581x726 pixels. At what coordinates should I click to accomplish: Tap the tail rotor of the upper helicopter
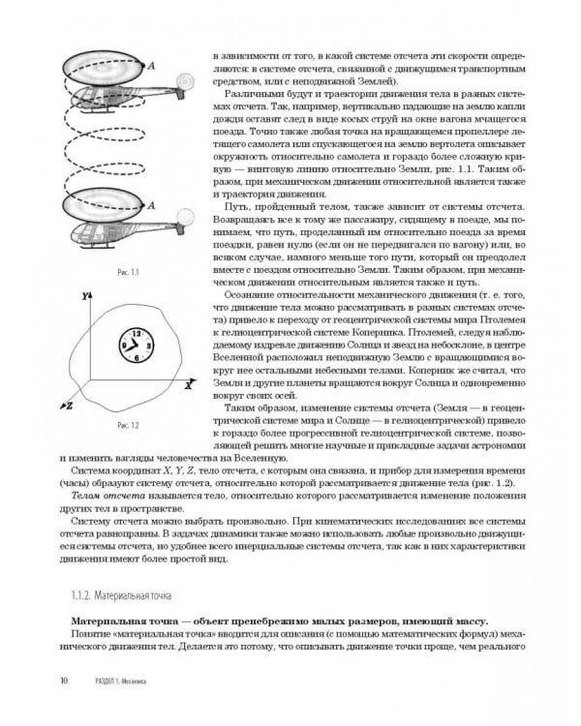[184, 81]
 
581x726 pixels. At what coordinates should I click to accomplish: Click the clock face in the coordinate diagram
[135, 344]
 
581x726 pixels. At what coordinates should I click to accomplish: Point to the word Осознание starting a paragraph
[255, 293]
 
